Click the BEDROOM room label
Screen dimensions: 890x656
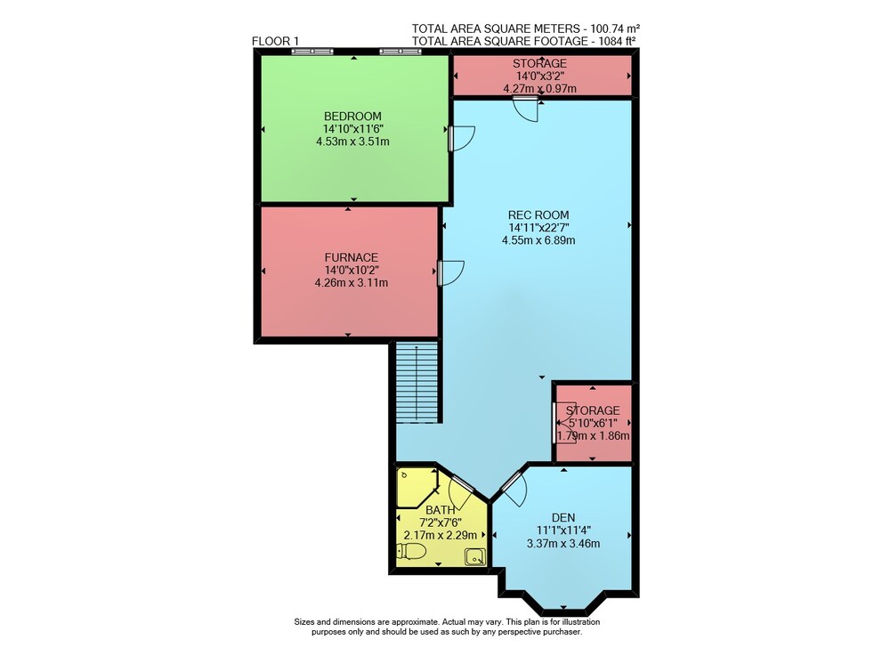352,117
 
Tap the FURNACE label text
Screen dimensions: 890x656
352,257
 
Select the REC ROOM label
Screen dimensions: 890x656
538,215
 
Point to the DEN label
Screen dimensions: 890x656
563,517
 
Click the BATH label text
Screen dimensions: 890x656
441,510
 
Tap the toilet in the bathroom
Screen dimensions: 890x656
411,551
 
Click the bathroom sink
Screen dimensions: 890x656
475,556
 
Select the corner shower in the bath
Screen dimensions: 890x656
417,487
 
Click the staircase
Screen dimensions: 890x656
417,382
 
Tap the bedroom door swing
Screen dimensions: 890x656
461,139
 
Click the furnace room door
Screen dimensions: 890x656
450,273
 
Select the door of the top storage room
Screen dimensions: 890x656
526,108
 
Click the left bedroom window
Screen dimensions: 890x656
312,52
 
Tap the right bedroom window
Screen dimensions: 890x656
400,52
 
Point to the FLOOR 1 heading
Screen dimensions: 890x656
275,41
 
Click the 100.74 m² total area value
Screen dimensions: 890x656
615,28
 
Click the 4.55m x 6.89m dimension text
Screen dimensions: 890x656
538,240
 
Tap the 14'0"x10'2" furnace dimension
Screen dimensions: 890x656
352,270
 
